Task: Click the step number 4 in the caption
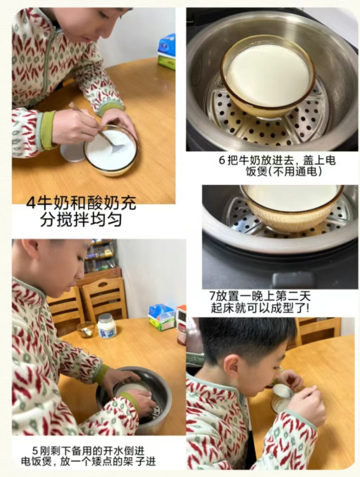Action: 31,203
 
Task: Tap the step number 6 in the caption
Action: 222,160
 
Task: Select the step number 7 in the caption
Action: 212,296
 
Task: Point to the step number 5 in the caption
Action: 35,450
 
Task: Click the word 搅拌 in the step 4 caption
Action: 73,219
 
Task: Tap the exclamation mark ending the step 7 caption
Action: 308,308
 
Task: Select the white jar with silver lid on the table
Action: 106,325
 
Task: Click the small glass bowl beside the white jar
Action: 86,330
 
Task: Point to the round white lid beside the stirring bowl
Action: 73,153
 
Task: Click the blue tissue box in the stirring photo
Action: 167,45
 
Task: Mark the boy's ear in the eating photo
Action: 231,369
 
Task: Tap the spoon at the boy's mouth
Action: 282,391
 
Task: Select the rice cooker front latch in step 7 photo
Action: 293,279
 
